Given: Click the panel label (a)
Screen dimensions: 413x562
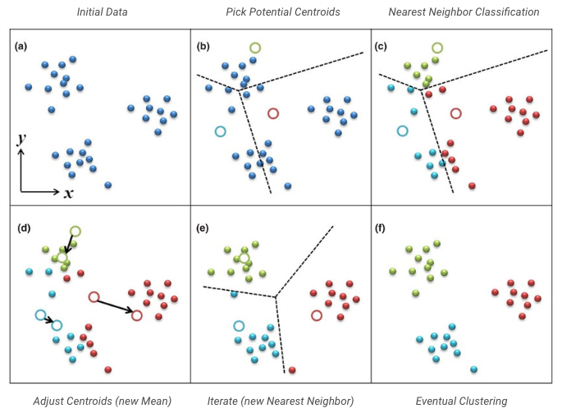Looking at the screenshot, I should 21,46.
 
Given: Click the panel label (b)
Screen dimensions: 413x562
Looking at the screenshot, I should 203,46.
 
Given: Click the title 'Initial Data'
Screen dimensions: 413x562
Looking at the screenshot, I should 101,11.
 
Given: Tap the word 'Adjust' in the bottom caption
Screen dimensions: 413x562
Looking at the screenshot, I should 51,401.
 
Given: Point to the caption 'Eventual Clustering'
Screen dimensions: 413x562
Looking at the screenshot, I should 461,401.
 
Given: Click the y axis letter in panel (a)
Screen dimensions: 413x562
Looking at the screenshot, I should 22,140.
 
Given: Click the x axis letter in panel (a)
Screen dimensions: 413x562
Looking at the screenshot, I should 69,193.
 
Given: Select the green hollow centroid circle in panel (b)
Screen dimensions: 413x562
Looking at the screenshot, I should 256,48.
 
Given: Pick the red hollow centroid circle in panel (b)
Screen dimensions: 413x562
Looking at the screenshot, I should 273,113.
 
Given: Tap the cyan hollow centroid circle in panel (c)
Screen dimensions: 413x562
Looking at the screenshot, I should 402,131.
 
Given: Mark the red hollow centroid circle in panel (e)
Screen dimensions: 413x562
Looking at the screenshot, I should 317,315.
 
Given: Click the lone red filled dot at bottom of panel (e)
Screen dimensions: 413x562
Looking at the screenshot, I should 292,370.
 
